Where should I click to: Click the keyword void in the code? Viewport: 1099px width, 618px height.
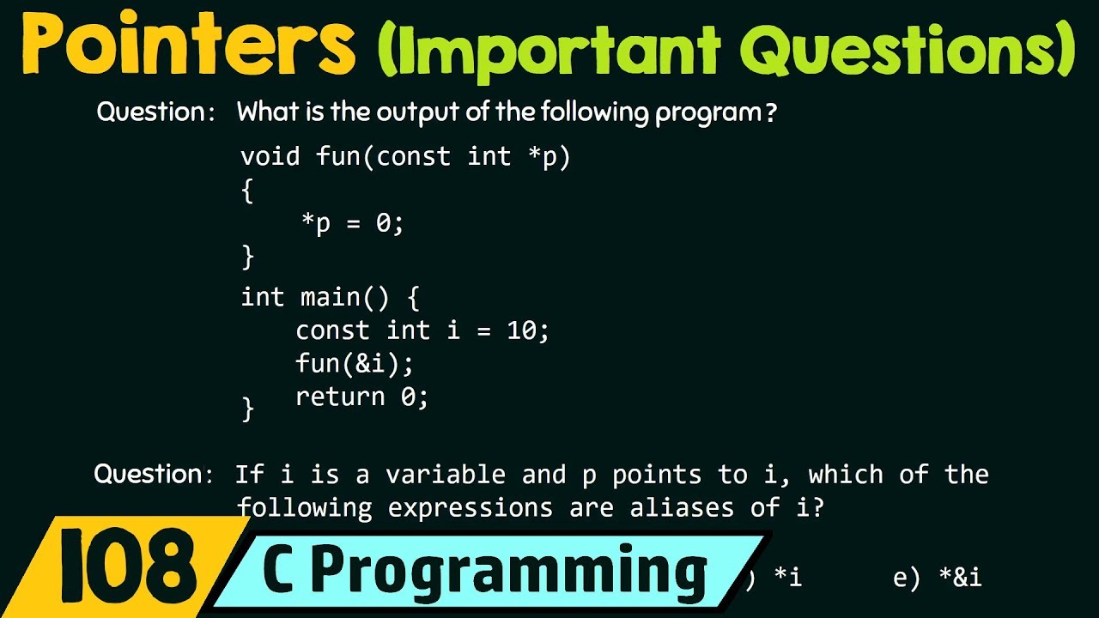point(270,156)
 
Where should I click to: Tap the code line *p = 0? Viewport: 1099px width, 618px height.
point(352,223)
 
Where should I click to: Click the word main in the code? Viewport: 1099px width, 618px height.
point(330,297)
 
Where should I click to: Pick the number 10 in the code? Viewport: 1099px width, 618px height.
point(521,330)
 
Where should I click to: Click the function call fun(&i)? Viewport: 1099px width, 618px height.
point(355,364)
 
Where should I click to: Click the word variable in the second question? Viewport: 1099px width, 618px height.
point(446,475)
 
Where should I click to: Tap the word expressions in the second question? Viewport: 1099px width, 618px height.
point(470,508)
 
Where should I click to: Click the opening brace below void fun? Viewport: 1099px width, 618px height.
point(248,191)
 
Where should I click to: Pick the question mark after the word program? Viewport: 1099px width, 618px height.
point(769,113)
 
